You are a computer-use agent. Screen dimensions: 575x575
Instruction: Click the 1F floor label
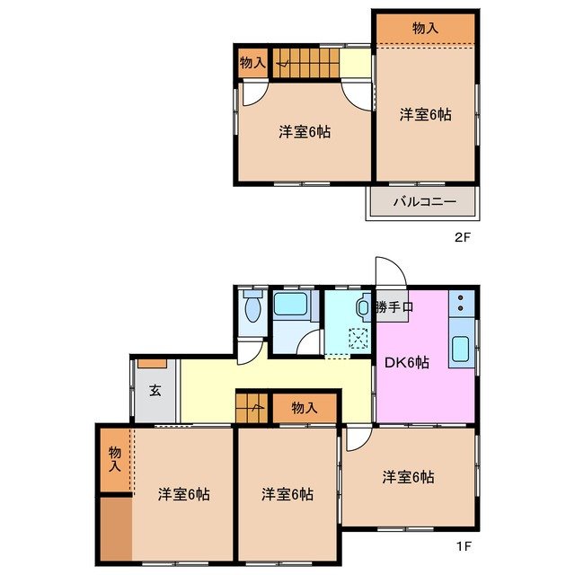click(x=462, y=545)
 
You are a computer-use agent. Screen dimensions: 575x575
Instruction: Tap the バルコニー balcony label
click(x=425, y=202)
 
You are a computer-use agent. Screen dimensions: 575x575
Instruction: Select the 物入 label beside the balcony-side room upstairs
click(x=425, y=29)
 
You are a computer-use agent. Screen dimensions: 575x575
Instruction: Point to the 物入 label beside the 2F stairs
click(x=252, y=63)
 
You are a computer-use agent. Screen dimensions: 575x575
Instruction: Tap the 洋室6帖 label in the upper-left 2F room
click(x=304, y=132)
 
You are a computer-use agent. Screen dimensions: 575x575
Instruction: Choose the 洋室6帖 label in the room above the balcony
click(x=425, y=114)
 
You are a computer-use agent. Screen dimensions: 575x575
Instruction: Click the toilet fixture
click(x=252, y=308)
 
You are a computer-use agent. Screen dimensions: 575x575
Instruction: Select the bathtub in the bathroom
click(x=290, y=305)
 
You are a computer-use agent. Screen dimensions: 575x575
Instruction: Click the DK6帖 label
click(x=406, y=363)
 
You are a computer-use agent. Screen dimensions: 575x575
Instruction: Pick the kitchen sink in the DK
click(x=461, y=349)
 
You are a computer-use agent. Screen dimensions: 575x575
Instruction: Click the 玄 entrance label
click(x=155, y=390)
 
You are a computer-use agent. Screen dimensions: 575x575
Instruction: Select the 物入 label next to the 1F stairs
click(x=305, y=408)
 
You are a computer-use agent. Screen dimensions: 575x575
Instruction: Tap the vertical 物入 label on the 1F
click(x=114, y=459)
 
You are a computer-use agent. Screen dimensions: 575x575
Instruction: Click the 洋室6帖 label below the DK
click(x=408, y=476)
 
